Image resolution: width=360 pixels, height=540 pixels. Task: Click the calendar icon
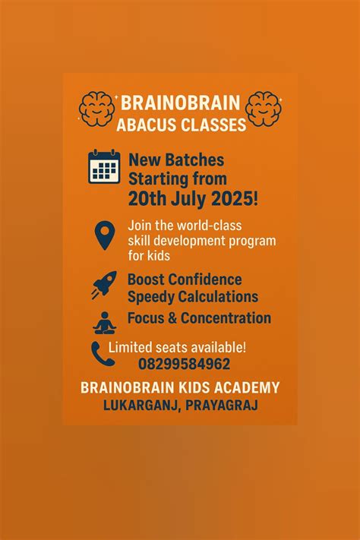pyautogui.click(x=104, y=166)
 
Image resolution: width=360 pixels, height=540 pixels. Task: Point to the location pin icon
pyautogui.click(x=104, y=235)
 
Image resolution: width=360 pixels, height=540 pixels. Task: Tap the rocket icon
pyautogui.click(x=104, y=284)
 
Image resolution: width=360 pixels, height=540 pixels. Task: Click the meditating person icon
pyautogui.click(x=104, y=323)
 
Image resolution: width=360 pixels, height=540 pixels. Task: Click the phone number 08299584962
pyautogui.click(x=184, y=364)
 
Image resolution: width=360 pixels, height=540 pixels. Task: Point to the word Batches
pyautogui.click(x=200, y=161)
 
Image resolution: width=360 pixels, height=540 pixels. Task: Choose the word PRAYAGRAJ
pyautogui.click(x=220, y=406)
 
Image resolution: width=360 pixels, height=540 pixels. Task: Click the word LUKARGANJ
pyautogui.click(x=141, y=406)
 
